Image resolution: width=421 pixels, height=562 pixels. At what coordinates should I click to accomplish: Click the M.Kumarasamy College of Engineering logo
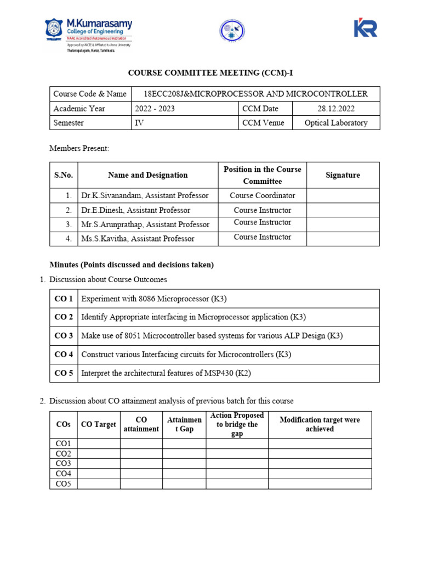(x=88, y=35)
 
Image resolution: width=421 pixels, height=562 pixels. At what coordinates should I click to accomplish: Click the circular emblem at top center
(x=232, y=31)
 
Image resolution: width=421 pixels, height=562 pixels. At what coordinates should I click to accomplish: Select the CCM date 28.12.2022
(x=336, y=109)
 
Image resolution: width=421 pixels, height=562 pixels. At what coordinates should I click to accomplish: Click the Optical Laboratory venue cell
(x=336, y=123)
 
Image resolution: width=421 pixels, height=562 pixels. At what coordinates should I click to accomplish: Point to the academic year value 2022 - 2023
(x=155, y=109)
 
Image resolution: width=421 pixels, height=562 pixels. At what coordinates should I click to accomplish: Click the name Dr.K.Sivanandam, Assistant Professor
(x=145, y=195)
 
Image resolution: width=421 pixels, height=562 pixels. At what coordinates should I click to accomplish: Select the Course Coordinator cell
(x=262, y=195)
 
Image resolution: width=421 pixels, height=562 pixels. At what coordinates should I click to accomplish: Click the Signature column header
(x=343, y=175)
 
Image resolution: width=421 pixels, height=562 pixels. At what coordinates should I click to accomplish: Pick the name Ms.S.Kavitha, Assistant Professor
(x=138, y=238)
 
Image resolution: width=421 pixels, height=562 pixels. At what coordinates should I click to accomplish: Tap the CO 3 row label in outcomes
(x=64, y=336)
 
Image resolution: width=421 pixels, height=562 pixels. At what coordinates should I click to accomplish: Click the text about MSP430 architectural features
(x=166, y=373)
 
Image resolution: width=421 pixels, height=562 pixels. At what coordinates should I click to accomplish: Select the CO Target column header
(x=99, y=424)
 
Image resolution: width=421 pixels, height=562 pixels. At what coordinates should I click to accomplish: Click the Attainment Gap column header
(x=184, y=424)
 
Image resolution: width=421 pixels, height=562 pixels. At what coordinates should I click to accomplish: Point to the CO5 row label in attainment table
(x=64, y=484)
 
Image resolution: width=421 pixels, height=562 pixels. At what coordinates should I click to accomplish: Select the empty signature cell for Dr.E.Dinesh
(x=343, y=210)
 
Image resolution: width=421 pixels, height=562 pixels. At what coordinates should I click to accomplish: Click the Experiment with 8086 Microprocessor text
(x=154, y=299)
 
